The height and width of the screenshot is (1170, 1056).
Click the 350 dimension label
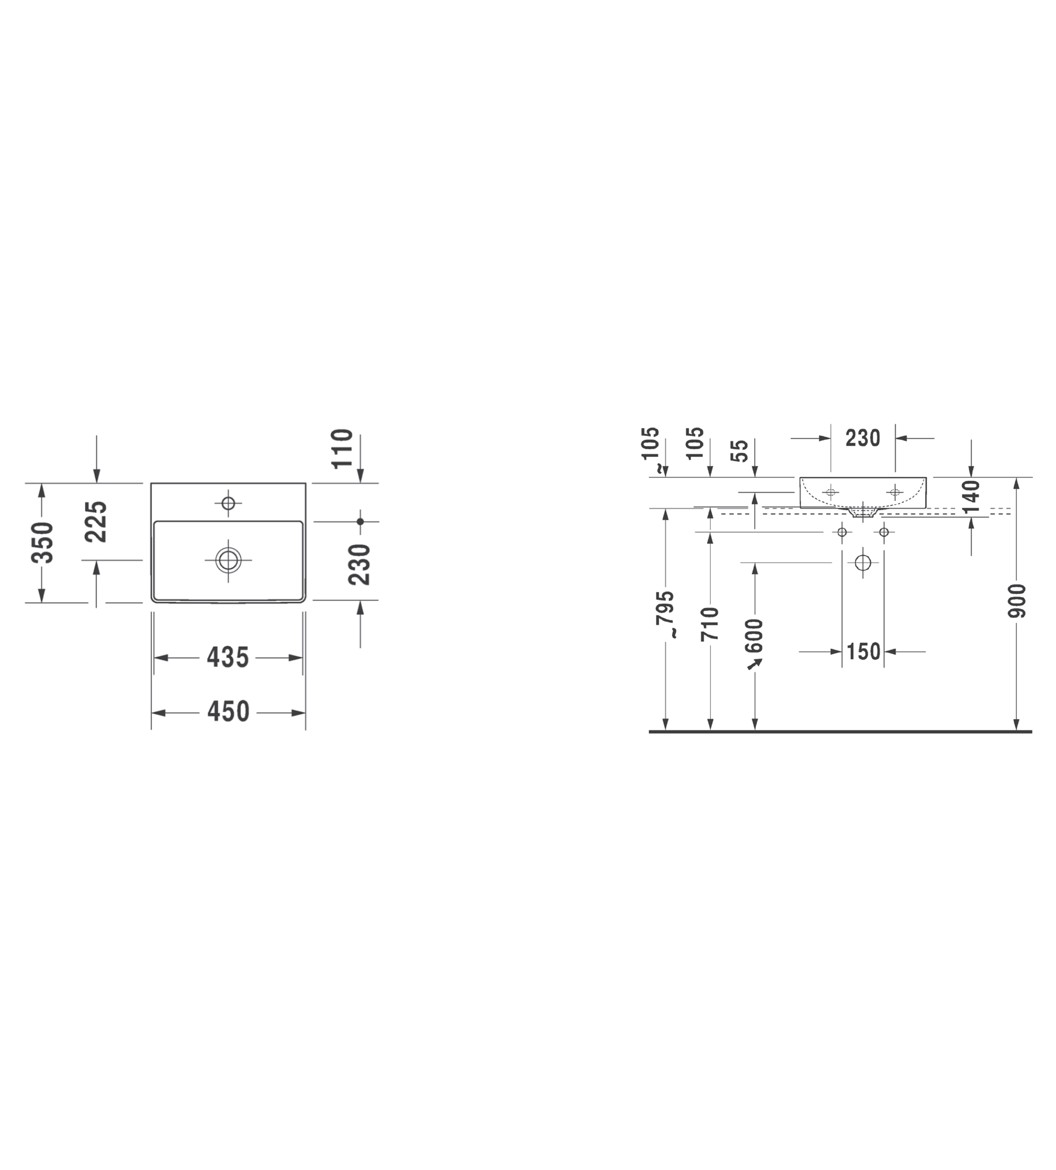43,542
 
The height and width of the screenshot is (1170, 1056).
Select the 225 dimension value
96,522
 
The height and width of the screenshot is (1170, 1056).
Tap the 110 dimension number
342,448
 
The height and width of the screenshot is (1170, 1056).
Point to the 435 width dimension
228,657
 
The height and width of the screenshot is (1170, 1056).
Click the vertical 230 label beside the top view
359,564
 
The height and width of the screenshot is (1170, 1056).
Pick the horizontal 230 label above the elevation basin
863,438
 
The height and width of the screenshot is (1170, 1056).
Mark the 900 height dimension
1017,602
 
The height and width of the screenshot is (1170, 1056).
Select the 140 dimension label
971,497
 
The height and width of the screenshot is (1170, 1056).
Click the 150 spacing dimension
863,652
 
